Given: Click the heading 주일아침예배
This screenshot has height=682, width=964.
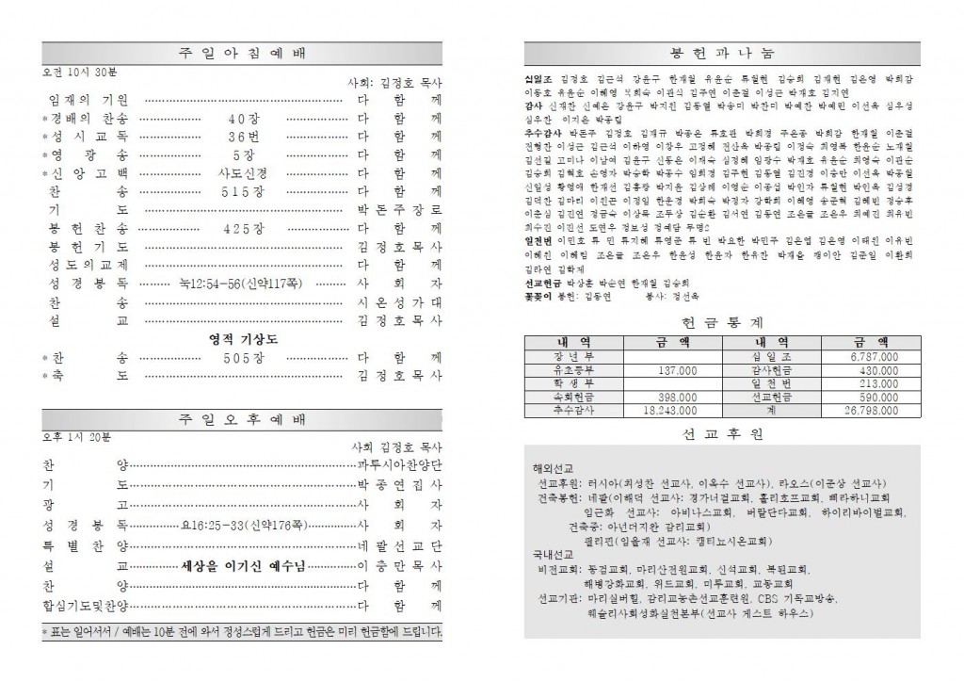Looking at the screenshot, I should (242, 53).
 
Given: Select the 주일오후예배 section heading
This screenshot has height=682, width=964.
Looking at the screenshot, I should (242, 419).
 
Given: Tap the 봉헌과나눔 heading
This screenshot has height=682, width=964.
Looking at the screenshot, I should (723, 53).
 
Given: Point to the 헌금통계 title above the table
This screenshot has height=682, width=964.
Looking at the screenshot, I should (723, 322).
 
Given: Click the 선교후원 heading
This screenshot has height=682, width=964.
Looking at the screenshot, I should (723, 434).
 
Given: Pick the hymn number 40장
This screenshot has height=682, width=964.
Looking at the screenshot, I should (243, 119).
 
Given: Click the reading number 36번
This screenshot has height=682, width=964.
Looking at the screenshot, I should (243, 137).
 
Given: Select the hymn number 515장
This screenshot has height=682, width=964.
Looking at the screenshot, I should (243, 190).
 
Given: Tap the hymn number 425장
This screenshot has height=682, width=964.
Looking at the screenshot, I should (243, 227).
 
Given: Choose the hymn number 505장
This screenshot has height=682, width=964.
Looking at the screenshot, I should (243, 358).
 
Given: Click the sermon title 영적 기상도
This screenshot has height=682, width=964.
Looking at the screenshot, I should (243, 339).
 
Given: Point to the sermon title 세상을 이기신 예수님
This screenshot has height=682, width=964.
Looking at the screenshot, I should (247, 566).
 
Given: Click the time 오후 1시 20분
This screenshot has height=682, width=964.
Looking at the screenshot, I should (76, 438).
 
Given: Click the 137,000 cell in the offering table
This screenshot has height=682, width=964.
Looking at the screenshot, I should (670, 370).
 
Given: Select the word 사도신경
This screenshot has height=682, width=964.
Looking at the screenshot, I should (243, 173).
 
